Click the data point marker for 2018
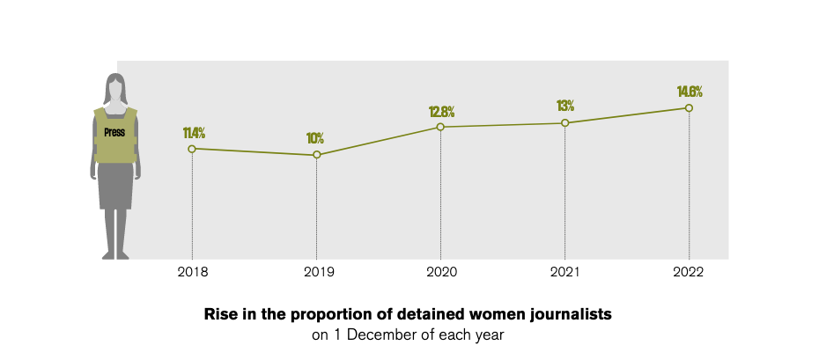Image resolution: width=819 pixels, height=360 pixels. pyautogui.click(x=192, y=149)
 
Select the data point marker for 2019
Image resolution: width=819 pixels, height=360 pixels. pyautogui.click(x=316, y=155)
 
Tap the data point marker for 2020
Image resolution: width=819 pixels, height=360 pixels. pyautogui.click(x=440, y=127)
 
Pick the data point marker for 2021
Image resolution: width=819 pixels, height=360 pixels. pyautogui.click(x=564, y=122)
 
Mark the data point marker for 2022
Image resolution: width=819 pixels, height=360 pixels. pyautogui.click(x=689, y=108)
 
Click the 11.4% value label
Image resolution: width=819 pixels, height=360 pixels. pyautogui.click(x=194, y=133)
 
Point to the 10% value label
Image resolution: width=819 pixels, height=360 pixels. pyautogui.click(x=315, y=138)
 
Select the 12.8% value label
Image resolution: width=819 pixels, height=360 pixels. pyautogui.click(x=441, y=112)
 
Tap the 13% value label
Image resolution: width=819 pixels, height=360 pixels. pyautogui.click(x=565, y=106)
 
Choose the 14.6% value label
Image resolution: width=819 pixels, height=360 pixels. pyautogui.click(x=690, y=92)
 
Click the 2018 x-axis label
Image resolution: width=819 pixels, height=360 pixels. pyautogui.click(x=192, y=273)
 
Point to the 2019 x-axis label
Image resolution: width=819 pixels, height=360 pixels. pyautogui.click(x=316, y=273)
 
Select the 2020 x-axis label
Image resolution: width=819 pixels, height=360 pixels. pyautogui.click(x=440, y=273)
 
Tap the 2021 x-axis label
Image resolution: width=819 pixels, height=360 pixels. pyautogui.click(x=564, y=273)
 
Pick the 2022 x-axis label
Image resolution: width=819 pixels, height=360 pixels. pyautogui.click(x=689, y=273)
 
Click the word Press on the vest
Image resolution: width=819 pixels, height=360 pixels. pyautogui.click(x=114, y=133)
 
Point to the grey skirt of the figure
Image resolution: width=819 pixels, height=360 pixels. pyautogui.click(x=115, y=187)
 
